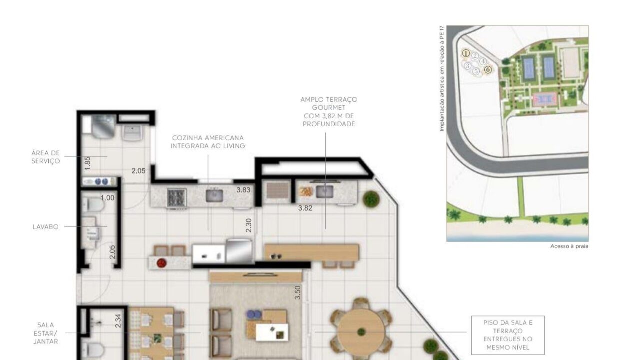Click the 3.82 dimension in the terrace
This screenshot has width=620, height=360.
305,208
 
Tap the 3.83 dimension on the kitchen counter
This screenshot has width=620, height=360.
243,190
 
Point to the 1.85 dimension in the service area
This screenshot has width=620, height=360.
87,163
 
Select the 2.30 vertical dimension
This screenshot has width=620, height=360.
249,225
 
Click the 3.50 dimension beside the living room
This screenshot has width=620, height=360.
297,293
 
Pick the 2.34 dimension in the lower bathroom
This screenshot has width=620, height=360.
118,321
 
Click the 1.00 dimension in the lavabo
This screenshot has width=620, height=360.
107,198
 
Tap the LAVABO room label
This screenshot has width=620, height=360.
45,227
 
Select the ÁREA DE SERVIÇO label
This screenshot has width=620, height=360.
45,157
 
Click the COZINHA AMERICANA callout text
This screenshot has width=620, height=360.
208,138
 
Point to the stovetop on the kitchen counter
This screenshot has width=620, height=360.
177,197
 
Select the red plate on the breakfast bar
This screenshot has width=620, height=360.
162,263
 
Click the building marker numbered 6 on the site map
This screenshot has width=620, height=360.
488,70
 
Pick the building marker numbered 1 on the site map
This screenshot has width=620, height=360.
466,53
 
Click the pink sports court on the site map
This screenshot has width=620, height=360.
545,99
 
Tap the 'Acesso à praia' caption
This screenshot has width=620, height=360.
569,246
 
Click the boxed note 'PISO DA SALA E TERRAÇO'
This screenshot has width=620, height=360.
508,335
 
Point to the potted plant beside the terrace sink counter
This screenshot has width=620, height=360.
371,199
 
